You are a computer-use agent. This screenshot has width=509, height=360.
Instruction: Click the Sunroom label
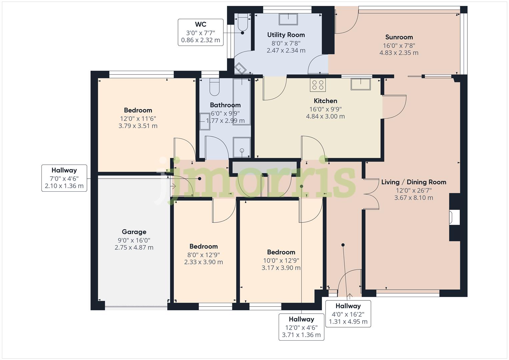(x=399, y=37)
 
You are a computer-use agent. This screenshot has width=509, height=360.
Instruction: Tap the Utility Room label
(x=286, y=35)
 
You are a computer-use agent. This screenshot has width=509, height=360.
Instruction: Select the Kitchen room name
(x=325, y=101)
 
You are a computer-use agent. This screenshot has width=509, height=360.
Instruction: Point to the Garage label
(x=134, y=232)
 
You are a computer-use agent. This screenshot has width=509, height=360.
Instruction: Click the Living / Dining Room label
(x=414, y=182)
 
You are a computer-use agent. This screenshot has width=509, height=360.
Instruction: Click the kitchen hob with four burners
(x=318, y=85)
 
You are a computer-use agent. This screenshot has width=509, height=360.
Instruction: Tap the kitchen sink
(x=361, y=84)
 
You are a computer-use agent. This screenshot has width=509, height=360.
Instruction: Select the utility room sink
(x=288, y=19)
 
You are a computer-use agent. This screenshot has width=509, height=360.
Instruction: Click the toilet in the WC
(x=242, y=22)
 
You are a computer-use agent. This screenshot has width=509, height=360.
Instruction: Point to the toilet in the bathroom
(x=214, y=87)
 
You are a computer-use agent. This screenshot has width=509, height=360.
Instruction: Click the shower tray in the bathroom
(x=242, y=147)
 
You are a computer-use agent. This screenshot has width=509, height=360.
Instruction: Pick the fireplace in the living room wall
(x=454, y=217)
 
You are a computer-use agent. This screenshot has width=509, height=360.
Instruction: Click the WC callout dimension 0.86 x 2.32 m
(x=200, y=40)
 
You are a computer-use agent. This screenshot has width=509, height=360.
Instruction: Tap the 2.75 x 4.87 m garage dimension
(x=134, y=247)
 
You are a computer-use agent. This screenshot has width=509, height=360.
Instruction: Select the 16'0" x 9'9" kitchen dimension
(x=325, y=109)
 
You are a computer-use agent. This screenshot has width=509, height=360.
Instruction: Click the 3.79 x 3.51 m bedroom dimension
(x=138, y=126)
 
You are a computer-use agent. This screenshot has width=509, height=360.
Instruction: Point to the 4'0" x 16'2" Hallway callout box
(x=348, y=314)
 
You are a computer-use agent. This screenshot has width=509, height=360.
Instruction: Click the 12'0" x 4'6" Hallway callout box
(x=301, y=327)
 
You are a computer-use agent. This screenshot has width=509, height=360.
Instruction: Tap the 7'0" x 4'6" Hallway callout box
(x=64, y=178)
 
